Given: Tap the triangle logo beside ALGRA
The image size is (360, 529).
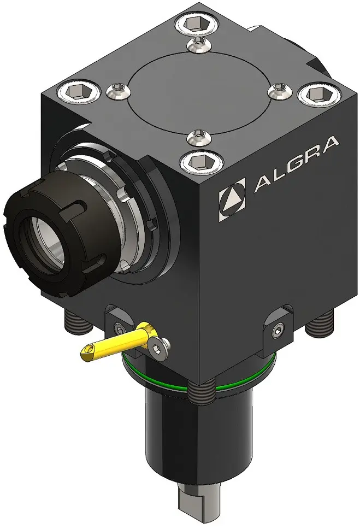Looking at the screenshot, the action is click(232, 201).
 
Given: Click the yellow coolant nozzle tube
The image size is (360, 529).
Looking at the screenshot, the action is click(118, 342).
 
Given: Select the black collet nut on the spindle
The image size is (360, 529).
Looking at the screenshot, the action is click(47, 237).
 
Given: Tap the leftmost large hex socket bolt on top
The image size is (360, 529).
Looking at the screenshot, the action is click(79, 91).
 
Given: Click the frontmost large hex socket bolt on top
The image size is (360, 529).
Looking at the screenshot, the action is click(202, 162).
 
